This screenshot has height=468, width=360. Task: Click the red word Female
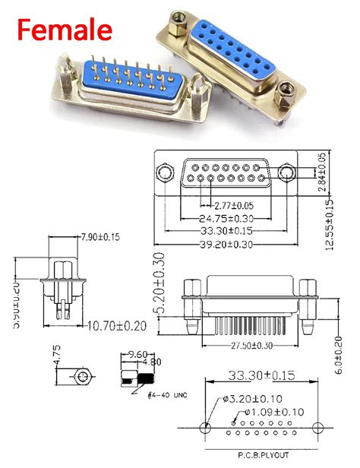[65, 30]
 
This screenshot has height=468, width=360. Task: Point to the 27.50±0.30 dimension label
[242, 346]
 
